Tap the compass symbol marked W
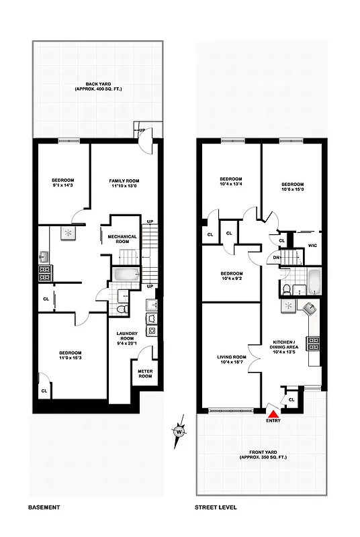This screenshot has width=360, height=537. click(179, 432)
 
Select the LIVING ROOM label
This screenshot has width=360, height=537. click(231, 358)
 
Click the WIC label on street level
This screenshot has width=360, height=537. click(312, 246)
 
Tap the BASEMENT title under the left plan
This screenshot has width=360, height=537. click(46, 507)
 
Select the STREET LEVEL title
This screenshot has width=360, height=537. click(216, 507)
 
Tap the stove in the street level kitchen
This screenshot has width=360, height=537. click(313, 344)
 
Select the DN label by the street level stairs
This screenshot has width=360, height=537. click(277, 256)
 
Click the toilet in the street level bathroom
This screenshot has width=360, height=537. click(286, 289)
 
